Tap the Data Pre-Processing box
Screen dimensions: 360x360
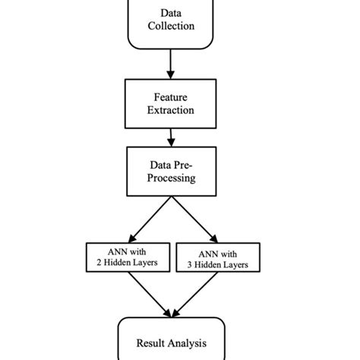170,171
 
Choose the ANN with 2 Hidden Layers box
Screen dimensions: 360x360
127,257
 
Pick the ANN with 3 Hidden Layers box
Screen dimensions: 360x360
217,257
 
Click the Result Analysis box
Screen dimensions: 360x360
170,340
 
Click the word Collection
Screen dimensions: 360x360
171,27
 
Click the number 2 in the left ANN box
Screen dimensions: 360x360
99,264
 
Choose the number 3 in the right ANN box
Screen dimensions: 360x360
189,264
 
